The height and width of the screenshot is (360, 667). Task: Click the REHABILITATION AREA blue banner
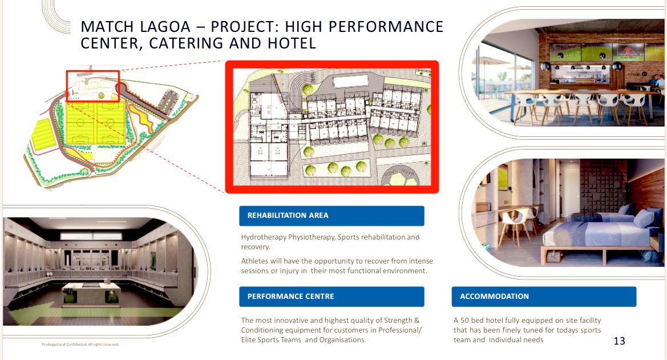click(332, 216)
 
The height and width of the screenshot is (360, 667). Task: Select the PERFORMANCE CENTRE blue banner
click(332, 297)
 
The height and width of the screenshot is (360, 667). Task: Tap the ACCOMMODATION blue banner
click(544, 297)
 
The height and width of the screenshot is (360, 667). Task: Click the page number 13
click(619, 341)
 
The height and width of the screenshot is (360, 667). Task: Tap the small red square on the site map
click(93, 86)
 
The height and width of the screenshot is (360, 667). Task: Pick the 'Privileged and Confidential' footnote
click(80, 345)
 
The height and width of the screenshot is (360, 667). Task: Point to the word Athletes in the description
click(255, 261)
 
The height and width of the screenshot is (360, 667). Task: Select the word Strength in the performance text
click(393, 321)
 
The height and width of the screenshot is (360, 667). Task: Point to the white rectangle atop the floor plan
click(351, 82)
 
